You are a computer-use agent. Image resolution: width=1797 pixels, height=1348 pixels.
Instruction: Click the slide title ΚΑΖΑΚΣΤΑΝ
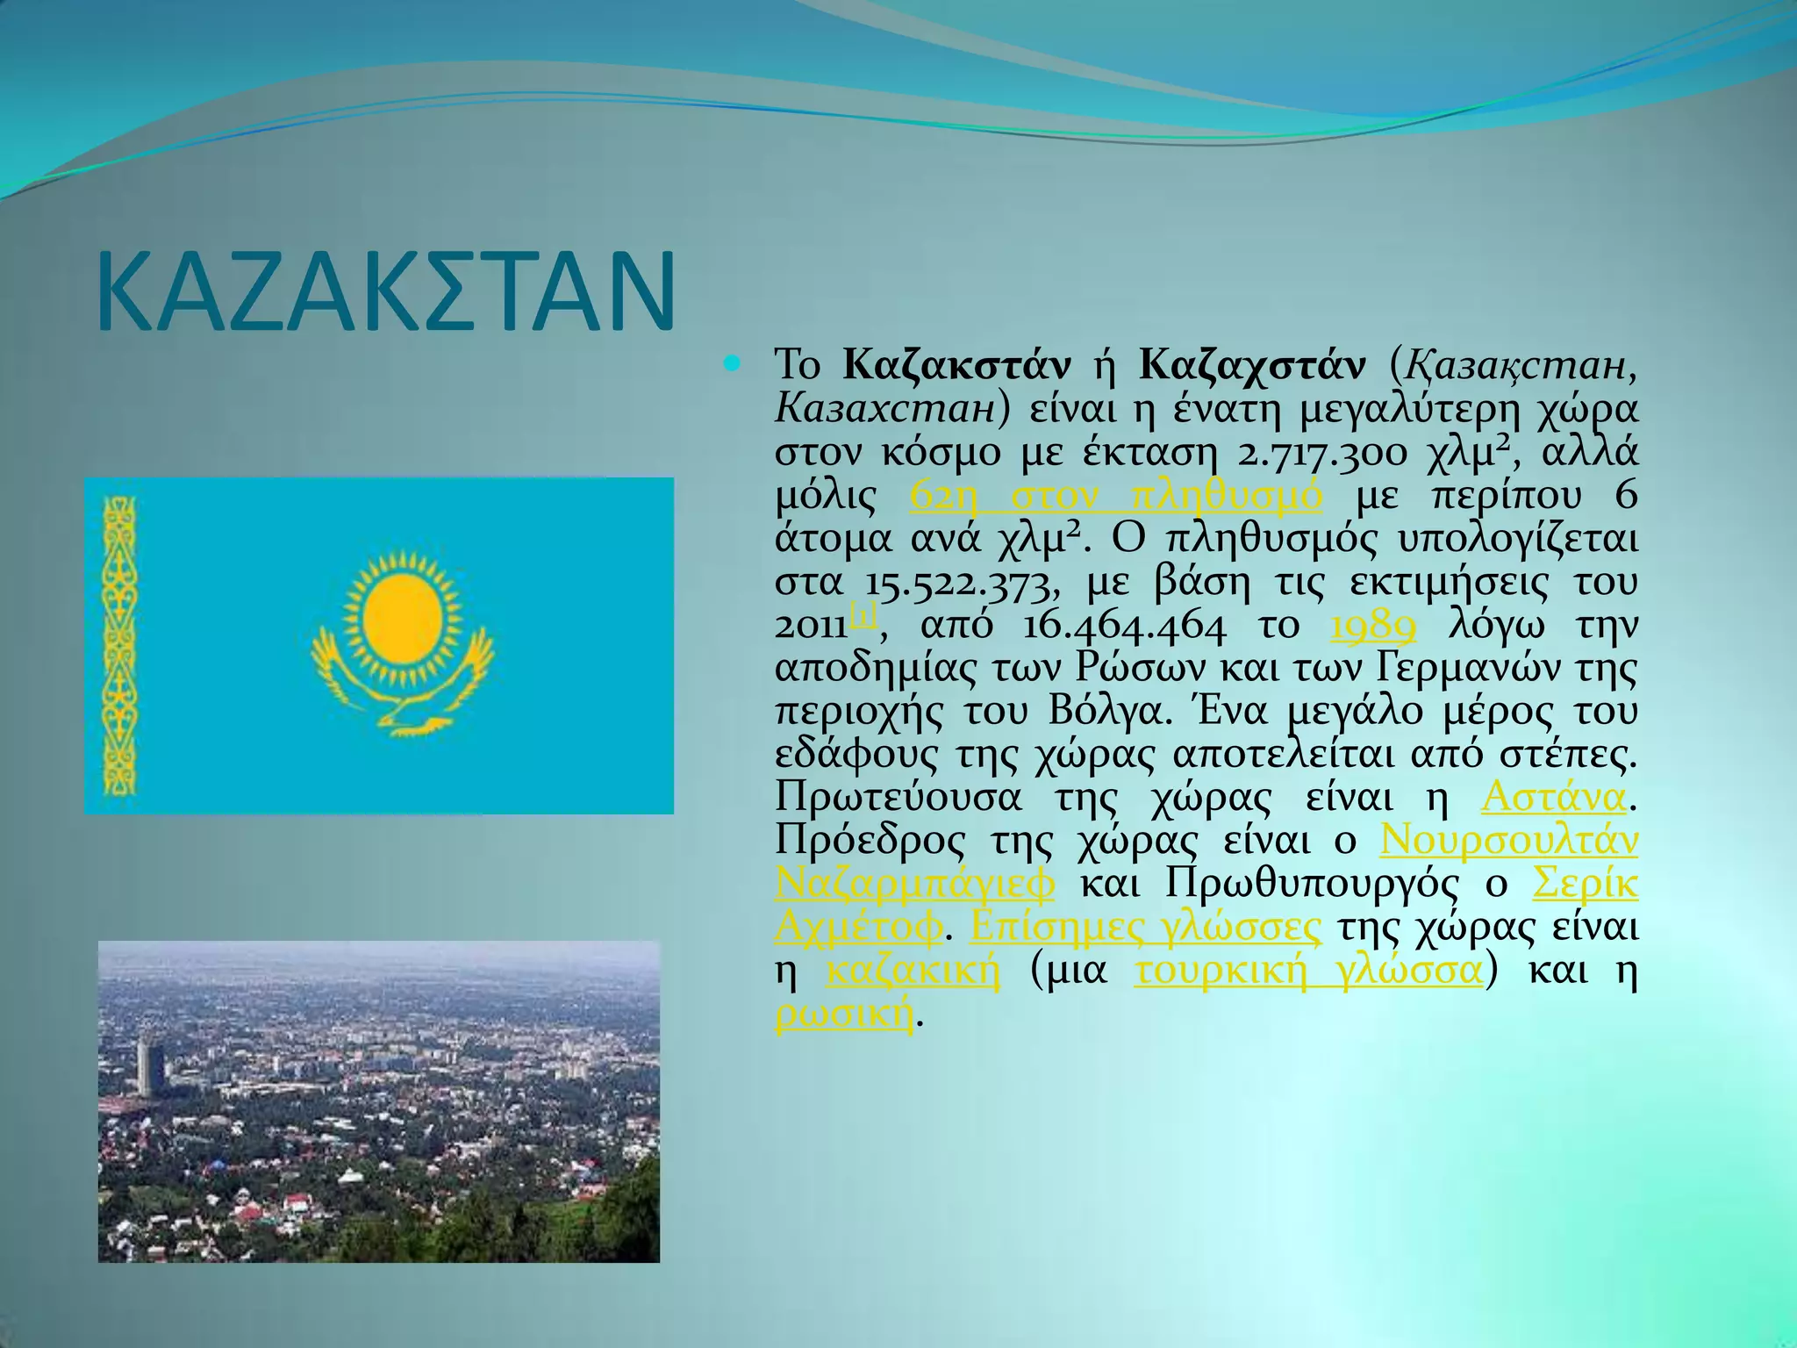386,292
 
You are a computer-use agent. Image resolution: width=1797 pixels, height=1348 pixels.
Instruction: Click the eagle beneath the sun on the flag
404,693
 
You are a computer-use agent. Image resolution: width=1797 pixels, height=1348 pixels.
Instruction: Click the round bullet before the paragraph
733,362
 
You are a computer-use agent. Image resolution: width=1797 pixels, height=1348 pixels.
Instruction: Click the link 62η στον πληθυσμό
1115,495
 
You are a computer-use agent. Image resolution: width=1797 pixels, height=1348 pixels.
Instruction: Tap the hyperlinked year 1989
1373,626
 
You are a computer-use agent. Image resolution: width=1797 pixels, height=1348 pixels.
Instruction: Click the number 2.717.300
1321,453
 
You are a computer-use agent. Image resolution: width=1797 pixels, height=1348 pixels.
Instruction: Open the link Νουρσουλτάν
1508,840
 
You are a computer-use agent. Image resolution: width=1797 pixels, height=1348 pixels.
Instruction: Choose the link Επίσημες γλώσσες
1145,927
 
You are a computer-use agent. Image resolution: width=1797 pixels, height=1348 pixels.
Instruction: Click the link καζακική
913,971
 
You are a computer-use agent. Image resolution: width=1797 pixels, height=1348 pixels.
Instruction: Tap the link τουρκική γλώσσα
1308,971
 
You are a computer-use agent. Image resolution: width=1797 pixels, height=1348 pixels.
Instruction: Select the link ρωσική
844,1015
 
